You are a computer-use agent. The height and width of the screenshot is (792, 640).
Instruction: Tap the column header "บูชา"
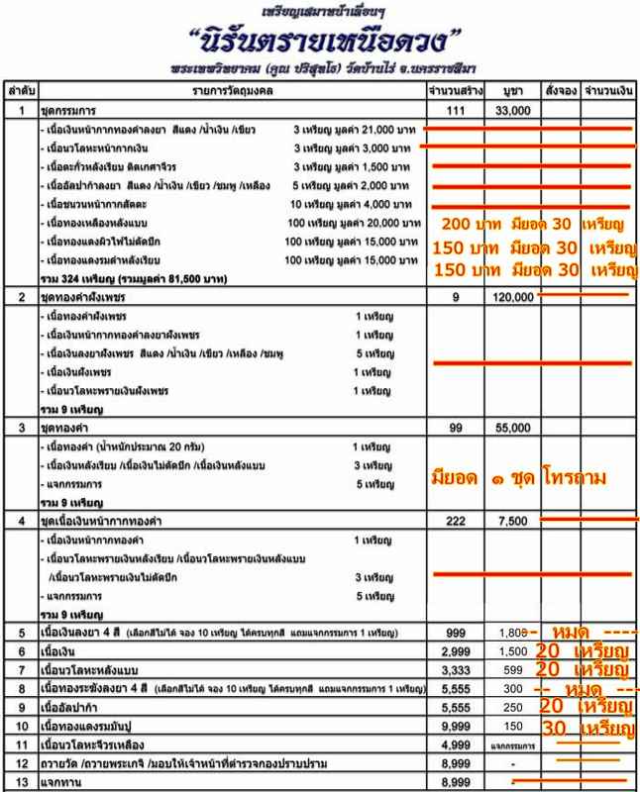click(512, 90)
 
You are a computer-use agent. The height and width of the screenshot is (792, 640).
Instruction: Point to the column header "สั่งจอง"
click(561, 90)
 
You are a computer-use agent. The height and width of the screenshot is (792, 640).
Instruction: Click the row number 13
click(21, 782)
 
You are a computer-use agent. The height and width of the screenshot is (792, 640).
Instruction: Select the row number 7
click(21, 669)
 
